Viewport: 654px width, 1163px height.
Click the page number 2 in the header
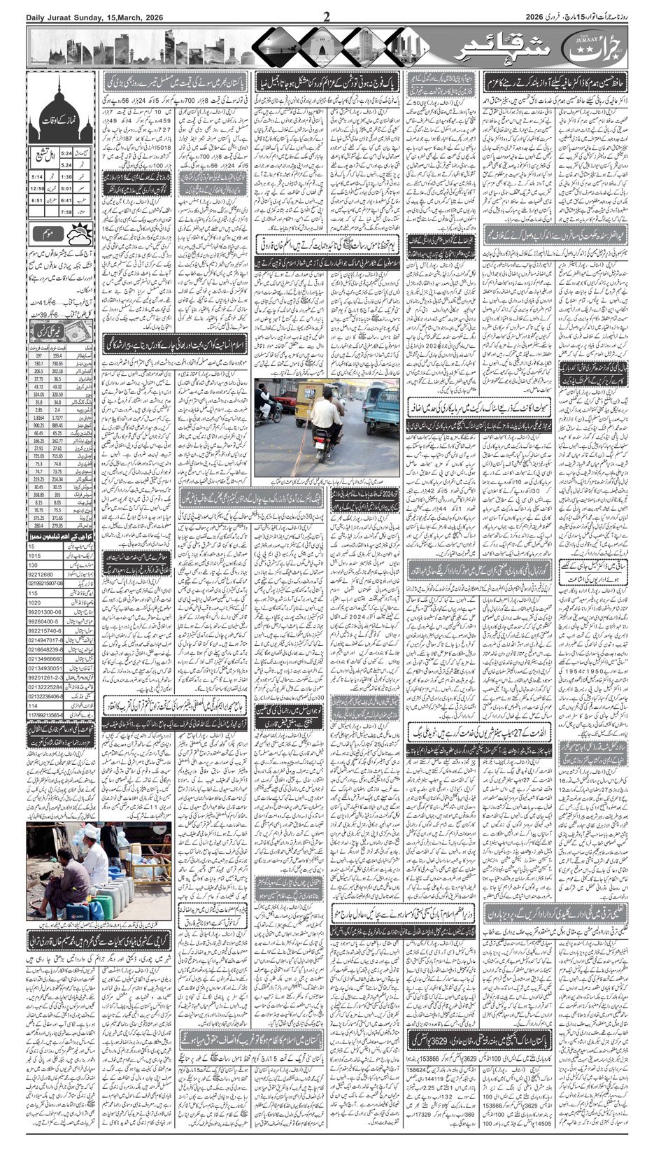(326, 17)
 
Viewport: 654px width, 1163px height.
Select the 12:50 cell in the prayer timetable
(38, 188)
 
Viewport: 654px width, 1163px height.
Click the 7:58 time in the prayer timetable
(68, 211)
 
